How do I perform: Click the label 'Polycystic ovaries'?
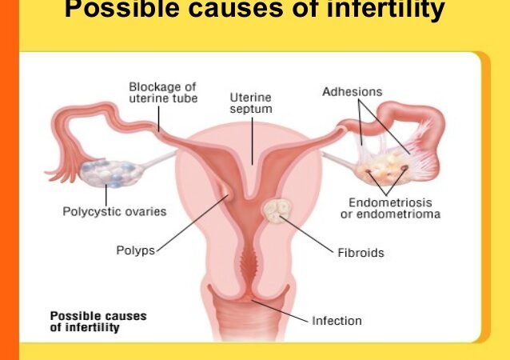click(x=114, y=211)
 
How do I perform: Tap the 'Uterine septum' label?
click(x=251, y=102)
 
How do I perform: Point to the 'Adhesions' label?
click(x=353, y=92)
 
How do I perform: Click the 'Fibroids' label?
click(x=360, y=253)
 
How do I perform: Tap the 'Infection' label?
click(x=337, y=321)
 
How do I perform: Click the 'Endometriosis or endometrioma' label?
click(x=394, y=208)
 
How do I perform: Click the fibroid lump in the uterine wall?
click(x=277, y=210)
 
